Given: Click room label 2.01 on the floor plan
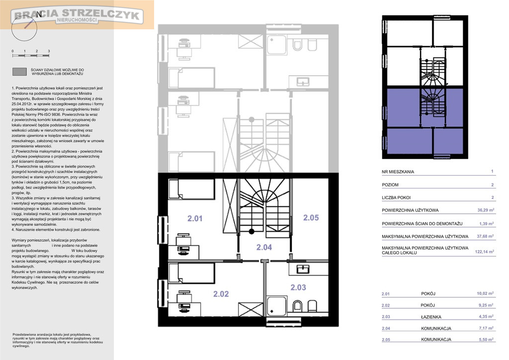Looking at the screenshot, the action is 195,218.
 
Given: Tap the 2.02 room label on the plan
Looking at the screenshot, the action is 221,294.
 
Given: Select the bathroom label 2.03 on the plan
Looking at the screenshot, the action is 298,287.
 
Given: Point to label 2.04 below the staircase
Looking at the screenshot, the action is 264,247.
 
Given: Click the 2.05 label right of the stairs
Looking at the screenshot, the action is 311,218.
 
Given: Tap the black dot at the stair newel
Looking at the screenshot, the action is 252,231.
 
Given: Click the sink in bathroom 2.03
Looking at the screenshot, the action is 303,269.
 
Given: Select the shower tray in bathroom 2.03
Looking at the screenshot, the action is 276,306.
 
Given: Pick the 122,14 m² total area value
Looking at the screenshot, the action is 484,252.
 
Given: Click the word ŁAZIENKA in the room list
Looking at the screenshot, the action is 431,317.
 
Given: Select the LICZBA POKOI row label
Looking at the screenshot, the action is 396,197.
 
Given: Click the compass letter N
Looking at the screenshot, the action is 39,14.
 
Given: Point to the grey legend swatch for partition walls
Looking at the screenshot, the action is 19,72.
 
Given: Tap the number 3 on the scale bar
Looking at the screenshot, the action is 49,51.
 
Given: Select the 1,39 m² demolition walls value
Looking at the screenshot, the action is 486,224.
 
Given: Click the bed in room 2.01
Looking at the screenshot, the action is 191,189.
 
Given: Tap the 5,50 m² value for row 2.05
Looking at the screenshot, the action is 486,339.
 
